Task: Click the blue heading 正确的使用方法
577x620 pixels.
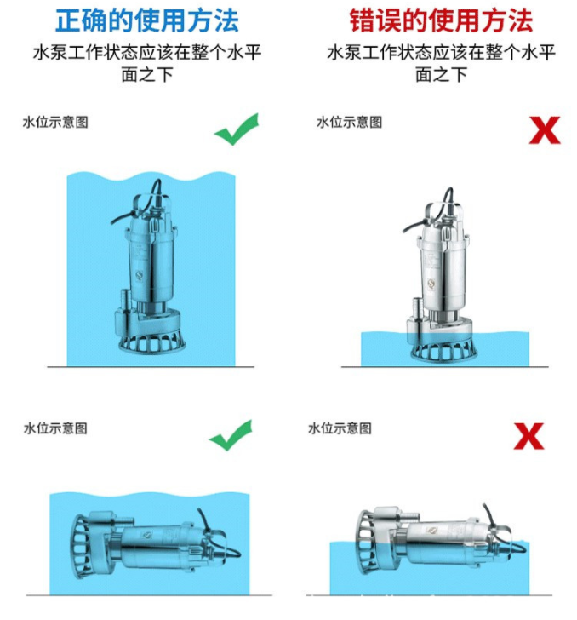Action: tap(147, 20)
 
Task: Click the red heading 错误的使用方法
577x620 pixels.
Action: tap(441, 20)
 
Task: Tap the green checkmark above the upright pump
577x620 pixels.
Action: tap(237, 129)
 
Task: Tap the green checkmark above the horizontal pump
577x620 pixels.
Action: tap(231, 435)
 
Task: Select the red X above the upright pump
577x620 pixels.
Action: tap(545, 130)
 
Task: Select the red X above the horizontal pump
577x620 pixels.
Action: tap(528, 436)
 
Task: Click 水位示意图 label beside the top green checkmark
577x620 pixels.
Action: tap(55, 122)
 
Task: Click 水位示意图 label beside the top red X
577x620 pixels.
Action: tap(350, 122)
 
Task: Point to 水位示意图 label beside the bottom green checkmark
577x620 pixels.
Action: tap(55, 428)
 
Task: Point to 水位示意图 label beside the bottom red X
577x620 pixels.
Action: tap(340, 428)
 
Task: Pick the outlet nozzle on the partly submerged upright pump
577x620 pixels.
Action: tap(417, 307)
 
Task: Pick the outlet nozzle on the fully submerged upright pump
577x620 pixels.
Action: tap(125, 300)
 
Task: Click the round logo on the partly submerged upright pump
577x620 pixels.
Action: tap(431, 283)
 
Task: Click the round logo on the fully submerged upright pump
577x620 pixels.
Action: tap(139, 275)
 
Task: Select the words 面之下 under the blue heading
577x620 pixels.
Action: tap(147, 75)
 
